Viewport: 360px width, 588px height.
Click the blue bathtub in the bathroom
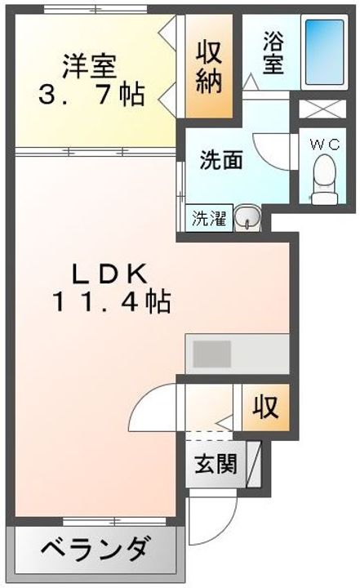coord(325,52)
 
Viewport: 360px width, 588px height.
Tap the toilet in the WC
coord(324,180)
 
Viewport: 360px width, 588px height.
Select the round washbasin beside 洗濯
coord(247,217)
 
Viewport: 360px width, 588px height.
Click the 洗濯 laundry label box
coord(209,218)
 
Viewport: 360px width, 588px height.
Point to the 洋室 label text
coord(90,66)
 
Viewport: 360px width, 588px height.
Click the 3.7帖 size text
coord(91,95)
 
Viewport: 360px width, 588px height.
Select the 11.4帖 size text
coord(111,302)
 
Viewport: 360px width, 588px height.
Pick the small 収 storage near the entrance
coord(265,407)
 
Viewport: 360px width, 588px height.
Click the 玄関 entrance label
coord(216,464)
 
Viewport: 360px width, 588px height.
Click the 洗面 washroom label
coord(221,161)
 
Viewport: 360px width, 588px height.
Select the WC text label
coord(325,144)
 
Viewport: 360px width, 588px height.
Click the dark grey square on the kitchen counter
coord(212,354)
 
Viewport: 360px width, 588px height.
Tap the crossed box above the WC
coord(322,109)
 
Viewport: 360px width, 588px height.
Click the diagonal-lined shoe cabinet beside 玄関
coord(254,464)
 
